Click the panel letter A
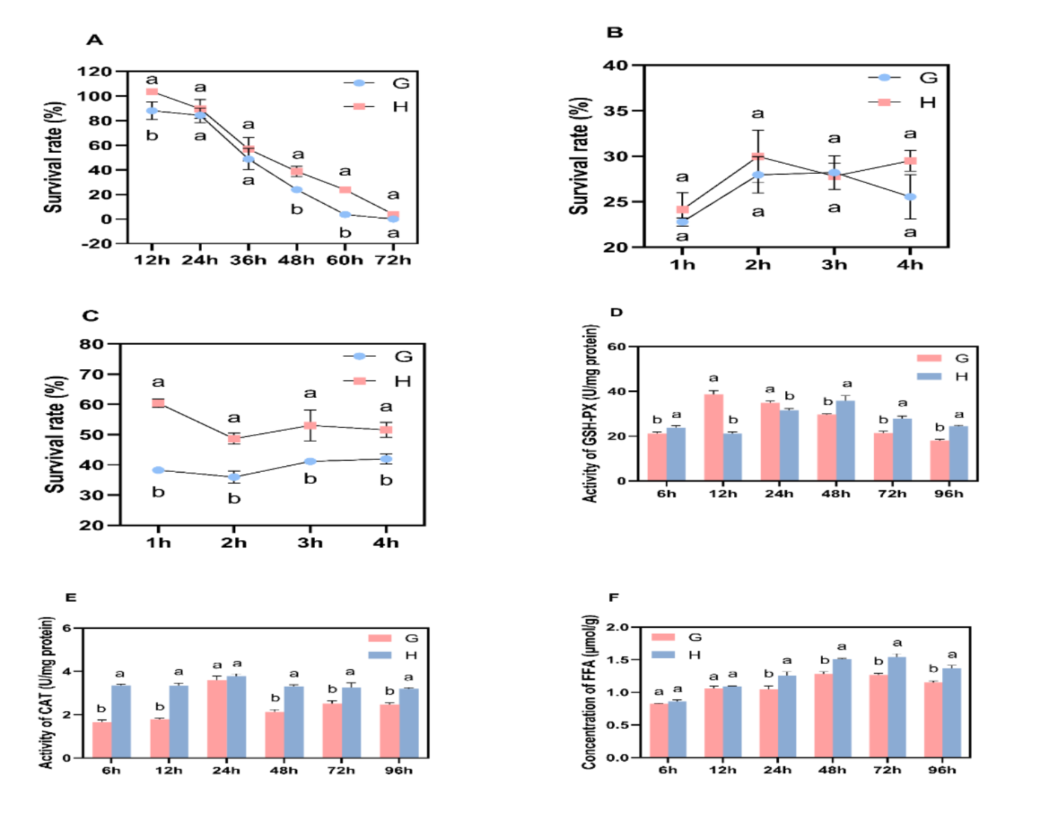tap(94, 40)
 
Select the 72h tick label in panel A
tap(393, 260)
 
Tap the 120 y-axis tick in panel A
tap(94, 71)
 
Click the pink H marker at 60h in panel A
tap(345, 190)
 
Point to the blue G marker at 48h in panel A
tap(297, 190)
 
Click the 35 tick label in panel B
tap(616, 111)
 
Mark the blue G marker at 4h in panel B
tap(910, 197)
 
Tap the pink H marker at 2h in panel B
tap(758, 157)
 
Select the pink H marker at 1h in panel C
tap(158, 403)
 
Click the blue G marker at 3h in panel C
tap(310, 461)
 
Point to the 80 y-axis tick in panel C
tap(91, 344)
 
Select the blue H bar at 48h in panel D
tap(845, 441)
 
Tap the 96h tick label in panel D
tap(948, 494)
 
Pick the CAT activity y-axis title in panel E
tap(46, 692)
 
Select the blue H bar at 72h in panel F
tap(897, 707)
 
